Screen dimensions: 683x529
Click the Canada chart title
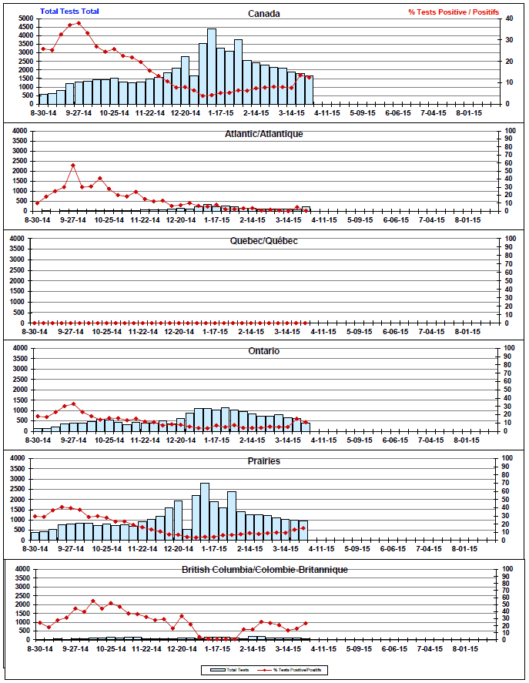tap(264, 13)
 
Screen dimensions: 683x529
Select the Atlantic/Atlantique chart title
tap(264, 133)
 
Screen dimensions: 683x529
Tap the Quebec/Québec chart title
tap(264, 240)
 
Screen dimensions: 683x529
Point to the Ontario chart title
tap(264, 351)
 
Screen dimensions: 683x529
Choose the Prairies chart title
tap(264, 460)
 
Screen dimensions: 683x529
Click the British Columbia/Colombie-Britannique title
tap(264, 569)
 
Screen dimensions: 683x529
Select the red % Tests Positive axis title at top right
tap(453, 12)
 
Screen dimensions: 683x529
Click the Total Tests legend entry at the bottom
tap(225, 669)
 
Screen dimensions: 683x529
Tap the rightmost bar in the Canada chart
tap(309, 89)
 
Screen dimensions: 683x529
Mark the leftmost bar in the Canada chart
tap(44, 99)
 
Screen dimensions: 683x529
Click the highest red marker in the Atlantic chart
tap(73, 166)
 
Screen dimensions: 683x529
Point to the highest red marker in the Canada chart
tap(79, 23)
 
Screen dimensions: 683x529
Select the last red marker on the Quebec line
tap(306, 323)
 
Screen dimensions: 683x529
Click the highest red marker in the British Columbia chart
tap(93, 601)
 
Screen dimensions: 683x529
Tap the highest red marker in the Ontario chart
tap(73, 403)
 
